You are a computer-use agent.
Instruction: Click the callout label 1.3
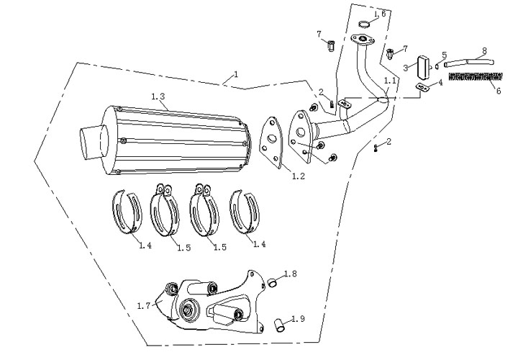click(x=159, y=96)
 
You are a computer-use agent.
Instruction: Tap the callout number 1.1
click(x=390, y=81)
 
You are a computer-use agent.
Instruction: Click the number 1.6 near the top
click(x=379, y=14)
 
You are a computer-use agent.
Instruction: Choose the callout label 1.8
click(x=291, y=274)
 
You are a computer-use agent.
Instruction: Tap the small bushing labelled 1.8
click(x=273, y=281)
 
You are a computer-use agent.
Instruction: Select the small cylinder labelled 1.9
click(x=279, y=326)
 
